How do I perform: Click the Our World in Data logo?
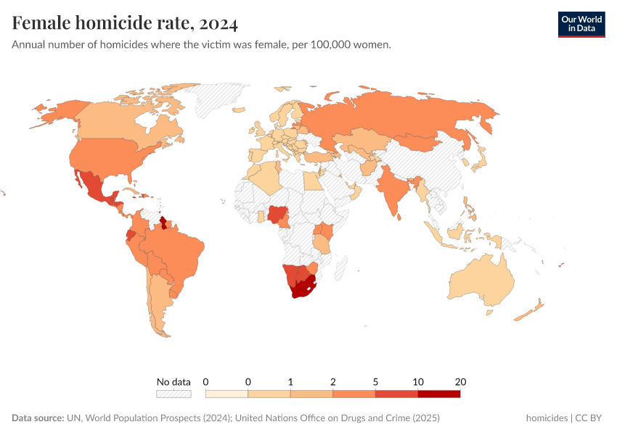tap(581, 24)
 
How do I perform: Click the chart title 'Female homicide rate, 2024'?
tap(125, 24)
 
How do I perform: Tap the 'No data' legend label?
tap(173, 381)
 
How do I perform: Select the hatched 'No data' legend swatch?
tap(173, 394)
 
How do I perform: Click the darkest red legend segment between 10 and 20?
tap(438, 394)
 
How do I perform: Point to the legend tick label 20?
tap(460, 381)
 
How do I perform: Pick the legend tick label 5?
tap(375, 381)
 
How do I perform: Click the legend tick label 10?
tap(418, 381)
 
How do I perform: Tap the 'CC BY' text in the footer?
tap(589, 418)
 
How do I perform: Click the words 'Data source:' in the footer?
tap(38, 418)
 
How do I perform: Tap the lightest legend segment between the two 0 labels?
tap(226, 394)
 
